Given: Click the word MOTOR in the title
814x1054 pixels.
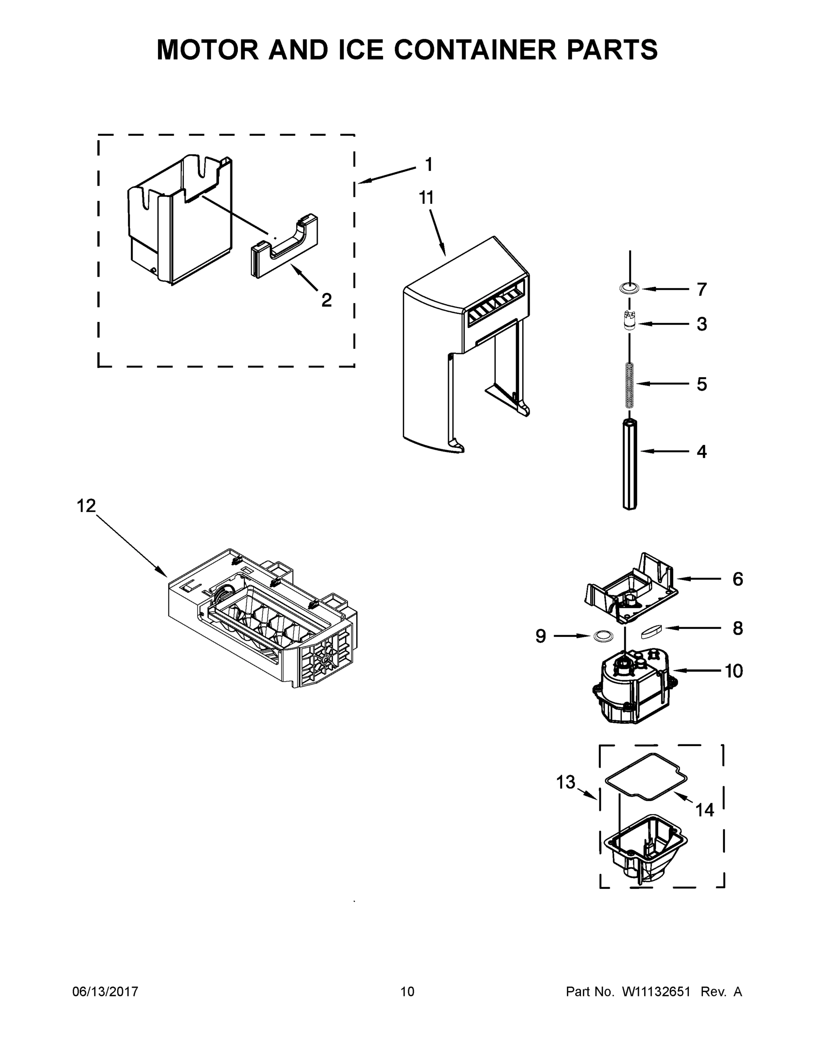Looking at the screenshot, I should tap(208, 50).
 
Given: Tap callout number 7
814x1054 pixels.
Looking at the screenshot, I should tap(702, 289).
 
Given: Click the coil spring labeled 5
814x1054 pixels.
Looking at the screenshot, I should tap(630, 384).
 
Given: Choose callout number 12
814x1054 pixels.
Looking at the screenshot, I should tap(87, 506).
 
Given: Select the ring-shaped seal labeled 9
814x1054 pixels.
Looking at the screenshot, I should tap(602, 636).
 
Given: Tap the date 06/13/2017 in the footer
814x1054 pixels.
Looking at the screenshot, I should tap(105, 991).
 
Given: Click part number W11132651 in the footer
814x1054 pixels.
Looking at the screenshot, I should tap(656, 991).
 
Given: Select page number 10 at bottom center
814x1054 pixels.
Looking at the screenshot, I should tap(407, 991).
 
